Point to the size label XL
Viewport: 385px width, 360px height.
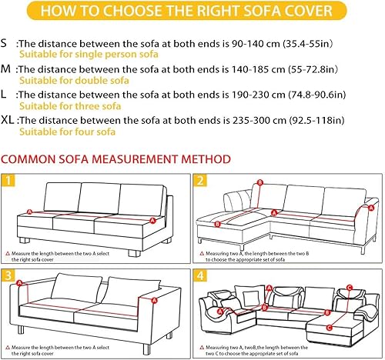point(10,121)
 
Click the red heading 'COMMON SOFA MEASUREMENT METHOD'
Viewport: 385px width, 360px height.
point(115,159)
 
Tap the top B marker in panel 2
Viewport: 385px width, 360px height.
point(260,183)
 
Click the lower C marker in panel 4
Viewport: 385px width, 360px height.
point(326,315)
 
